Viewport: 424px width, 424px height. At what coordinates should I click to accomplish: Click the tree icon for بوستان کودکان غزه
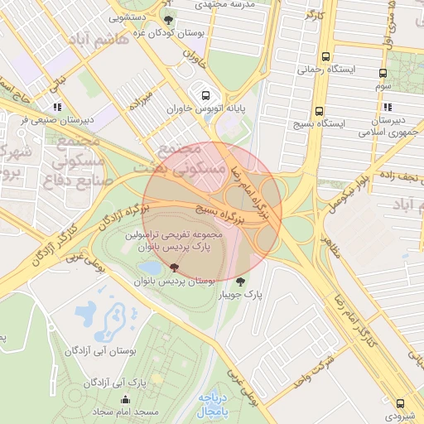coord(169,20)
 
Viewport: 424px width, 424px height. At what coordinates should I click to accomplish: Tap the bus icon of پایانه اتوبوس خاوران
coord(205,94)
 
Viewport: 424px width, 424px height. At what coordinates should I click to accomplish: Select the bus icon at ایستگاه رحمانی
coord(325,57)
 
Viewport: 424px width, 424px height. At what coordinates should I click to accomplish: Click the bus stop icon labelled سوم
coord(383,74)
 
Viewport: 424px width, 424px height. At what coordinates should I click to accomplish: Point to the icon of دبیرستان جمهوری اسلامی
coord(387,106)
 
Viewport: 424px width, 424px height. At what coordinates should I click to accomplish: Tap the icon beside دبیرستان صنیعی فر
coord(57,107)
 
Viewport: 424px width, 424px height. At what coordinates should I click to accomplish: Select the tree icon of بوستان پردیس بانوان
coord(174,267)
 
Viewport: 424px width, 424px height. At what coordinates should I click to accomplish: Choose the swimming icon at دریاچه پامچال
coord(204,396)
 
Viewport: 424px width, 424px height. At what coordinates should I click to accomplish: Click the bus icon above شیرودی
coord(401,403)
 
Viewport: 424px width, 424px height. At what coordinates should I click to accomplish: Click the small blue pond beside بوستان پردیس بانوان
coord(151,268)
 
